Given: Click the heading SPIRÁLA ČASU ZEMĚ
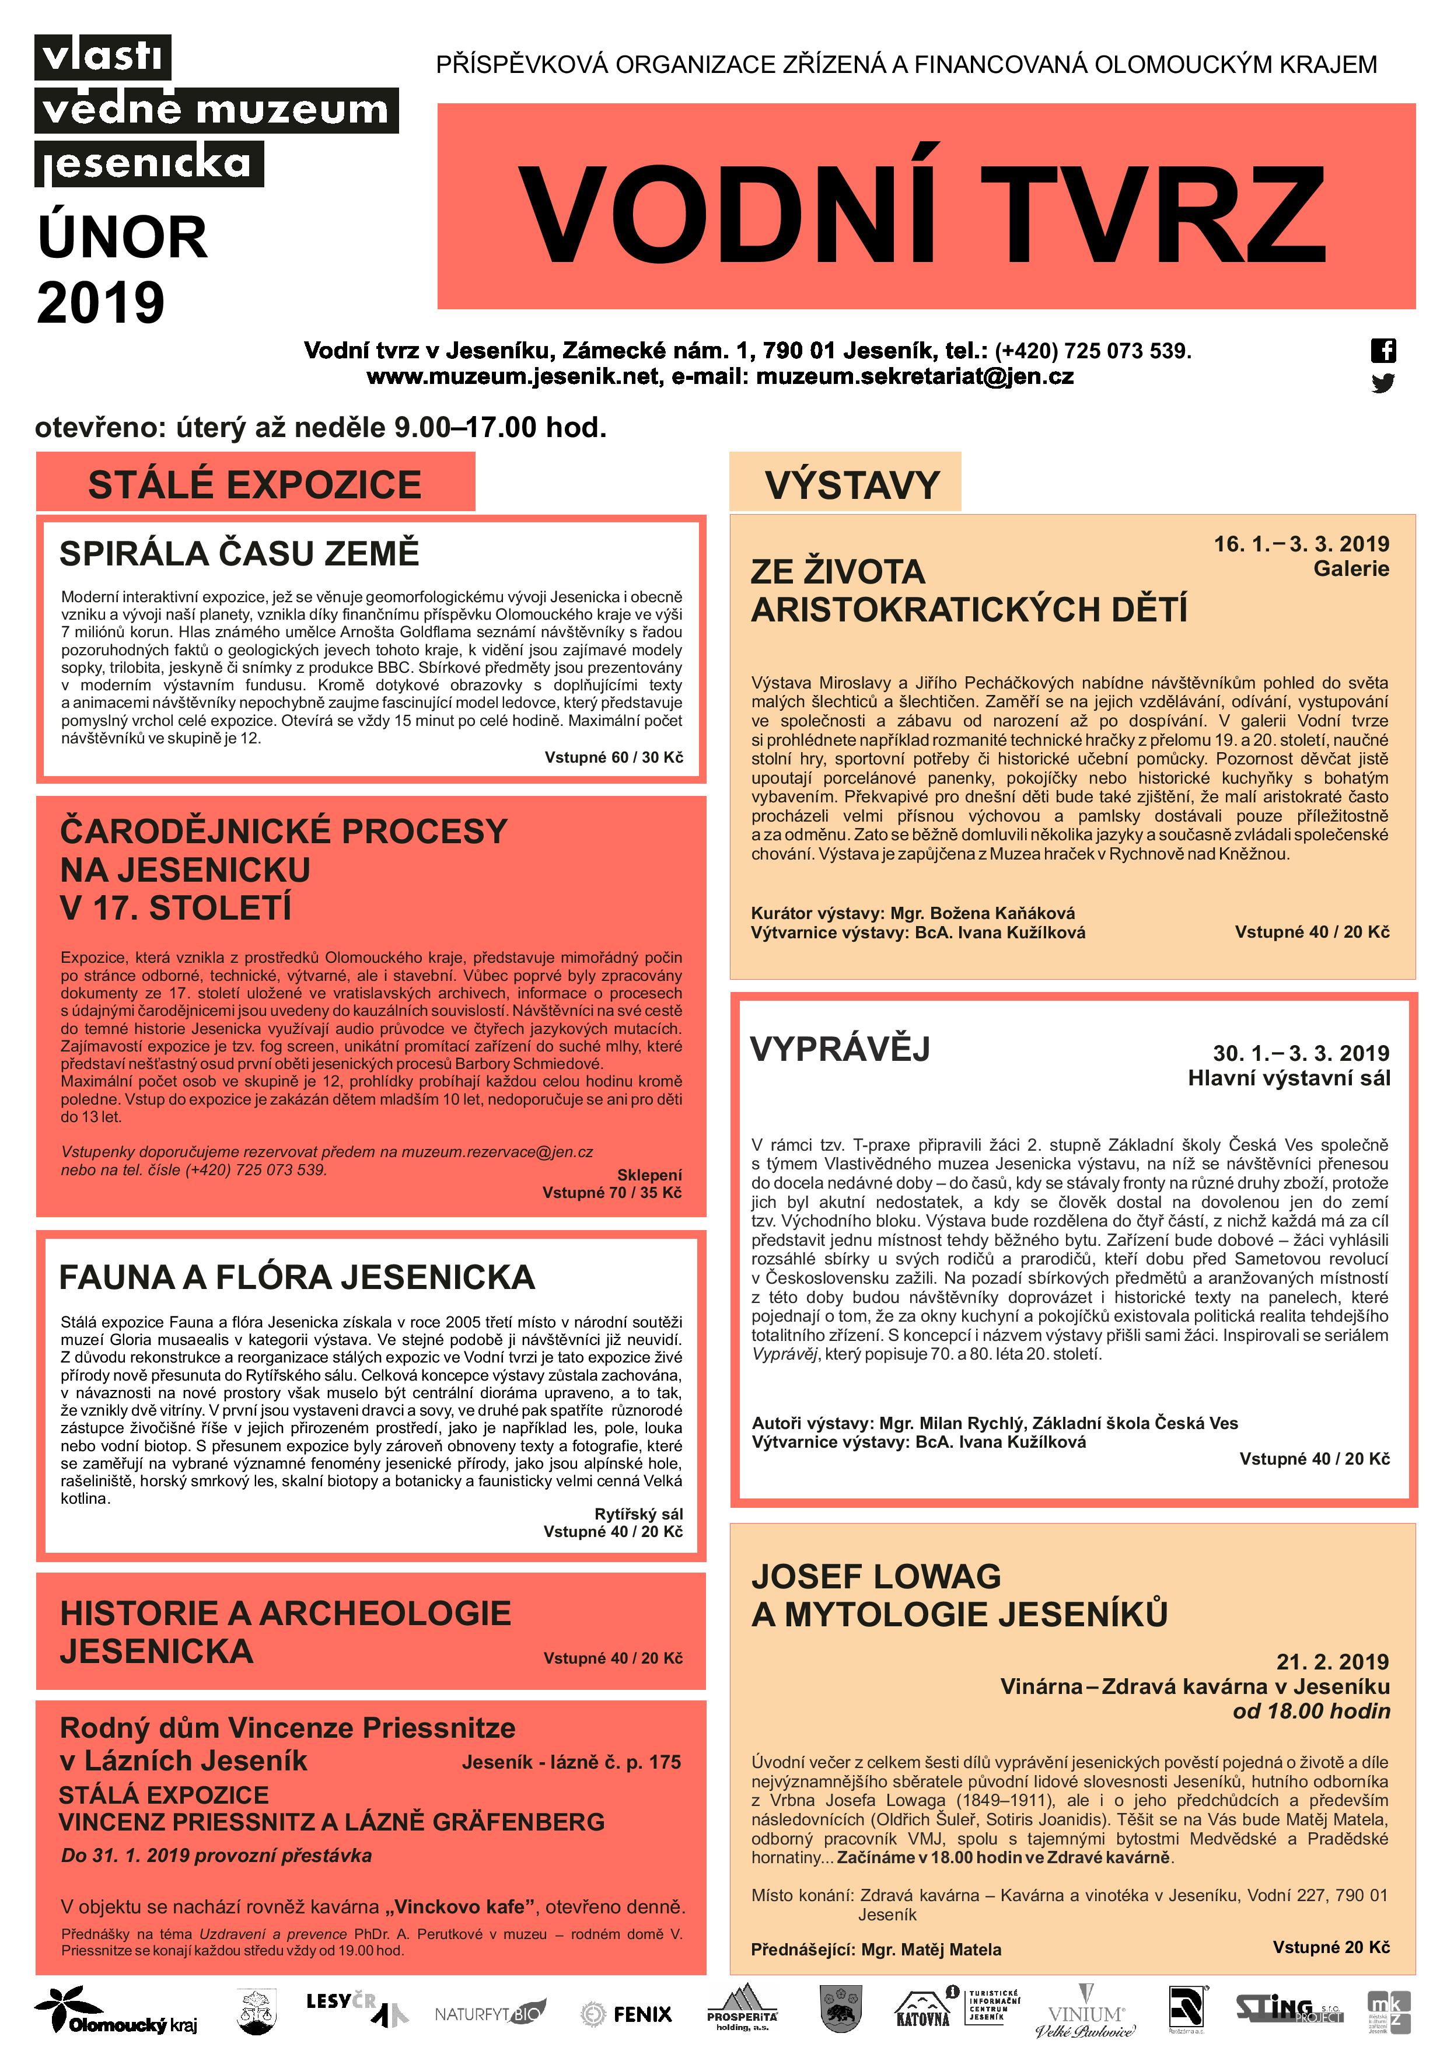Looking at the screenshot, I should (239, 554).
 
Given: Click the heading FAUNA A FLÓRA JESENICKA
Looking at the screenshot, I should (297, 1277).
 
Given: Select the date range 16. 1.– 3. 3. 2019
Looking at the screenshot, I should (1301, 544).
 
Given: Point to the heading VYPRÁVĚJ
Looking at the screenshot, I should (840, 1049).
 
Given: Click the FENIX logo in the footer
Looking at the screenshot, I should (627, 2014).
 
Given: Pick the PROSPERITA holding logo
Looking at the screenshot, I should (742, 2010).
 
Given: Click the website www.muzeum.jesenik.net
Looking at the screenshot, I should (515, 376).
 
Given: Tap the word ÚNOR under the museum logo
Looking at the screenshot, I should (122, 238).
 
